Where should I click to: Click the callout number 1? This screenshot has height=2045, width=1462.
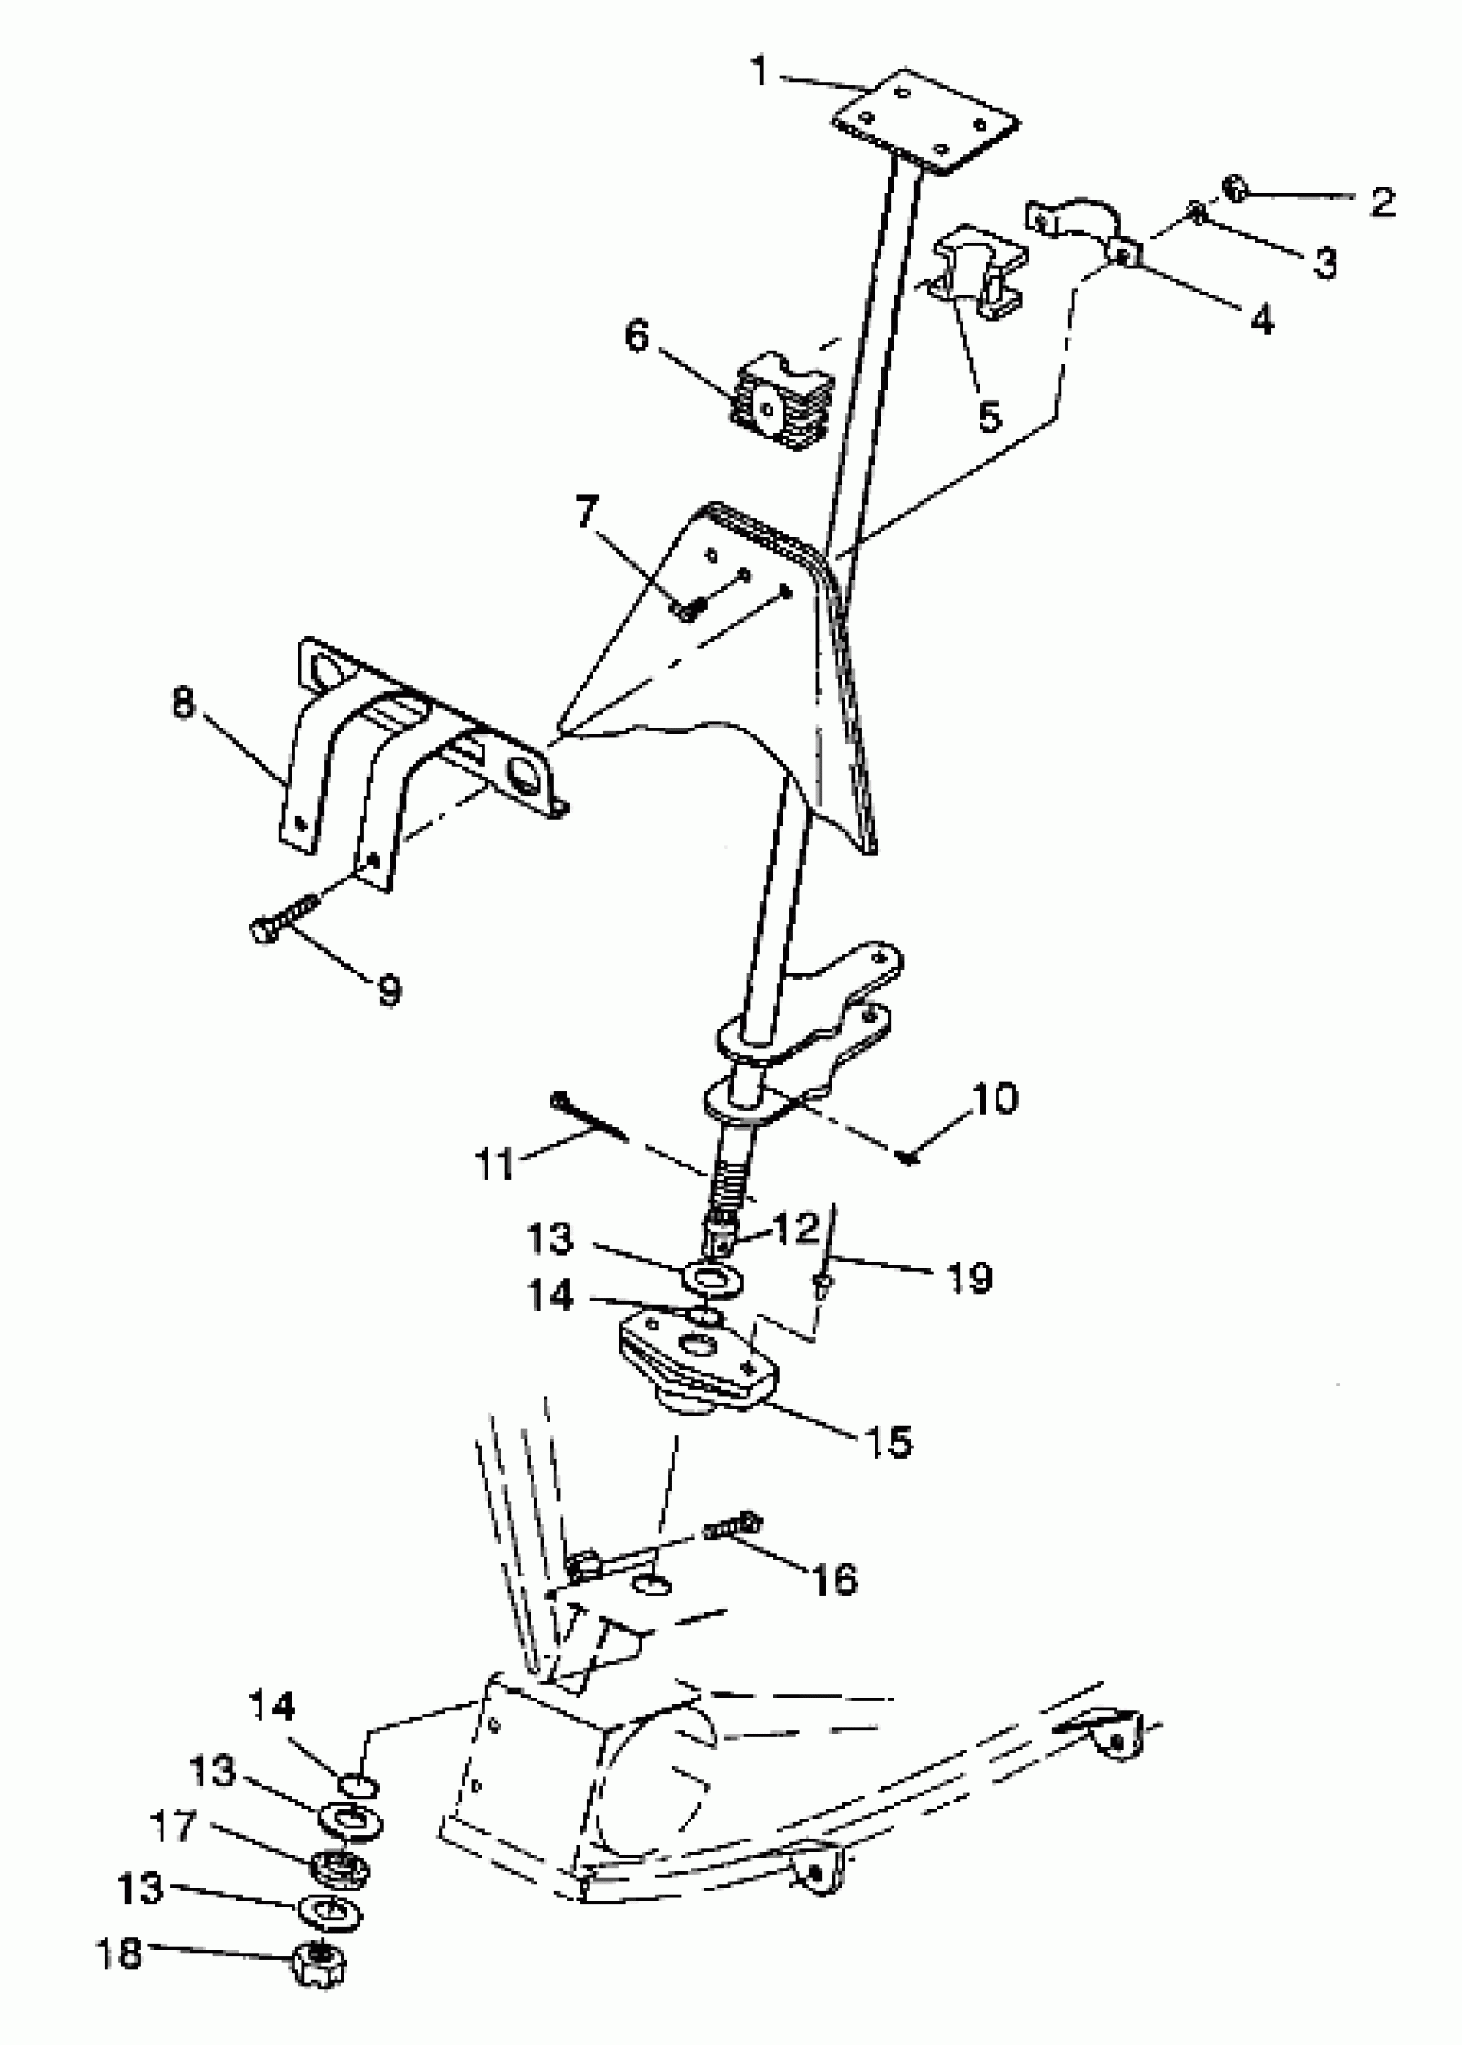(762, 71)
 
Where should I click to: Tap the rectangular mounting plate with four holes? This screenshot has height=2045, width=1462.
(926, 121)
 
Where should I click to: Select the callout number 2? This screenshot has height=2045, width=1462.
(1382, 200)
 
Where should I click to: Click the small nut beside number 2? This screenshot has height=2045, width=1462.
(1235, 189)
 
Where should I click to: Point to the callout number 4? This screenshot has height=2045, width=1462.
(1262, 317)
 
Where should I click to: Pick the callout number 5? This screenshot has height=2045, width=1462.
(989, 417)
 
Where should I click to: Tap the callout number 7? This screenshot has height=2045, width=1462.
(587, 513)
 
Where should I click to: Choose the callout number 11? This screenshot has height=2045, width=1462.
(494, 1164)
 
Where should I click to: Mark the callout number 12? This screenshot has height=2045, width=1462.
(795, 1230)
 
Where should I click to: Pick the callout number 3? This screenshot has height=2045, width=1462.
(1324, 263)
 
